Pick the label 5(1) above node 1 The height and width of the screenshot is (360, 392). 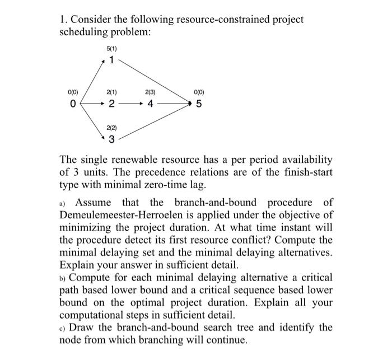point(111,50)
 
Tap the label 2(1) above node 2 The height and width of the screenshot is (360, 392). point(111,92)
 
